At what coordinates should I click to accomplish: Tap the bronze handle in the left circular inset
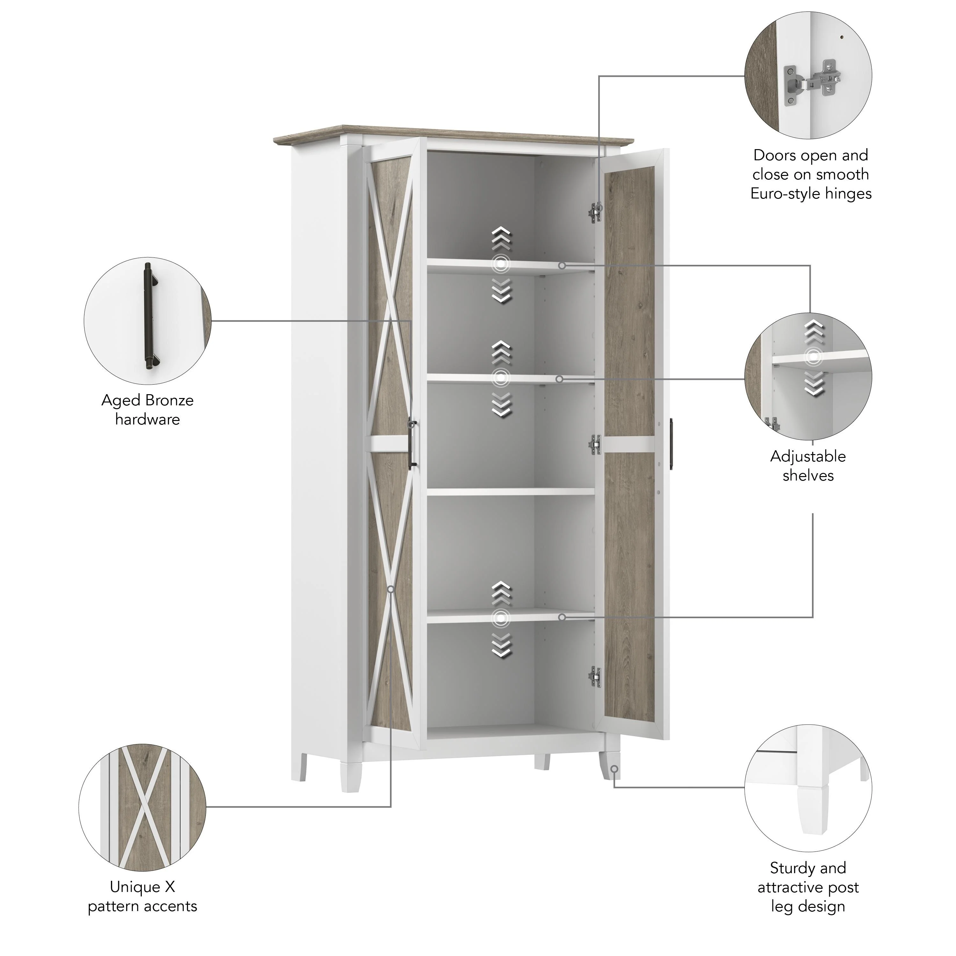[x=149, y=317]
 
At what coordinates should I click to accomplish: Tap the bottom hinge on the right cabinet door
[x=595, y=677]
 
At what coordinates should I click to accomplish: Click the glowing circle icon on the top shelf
[x=501, y=264]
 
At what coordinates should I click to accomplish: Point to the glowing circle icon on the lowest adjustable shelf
[x=501, y=618]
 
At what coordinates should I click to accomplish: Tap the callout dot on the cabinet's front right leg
[x=614, y=769]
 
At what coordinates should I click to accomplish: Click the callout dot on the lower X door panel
[x=391, y=589]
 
